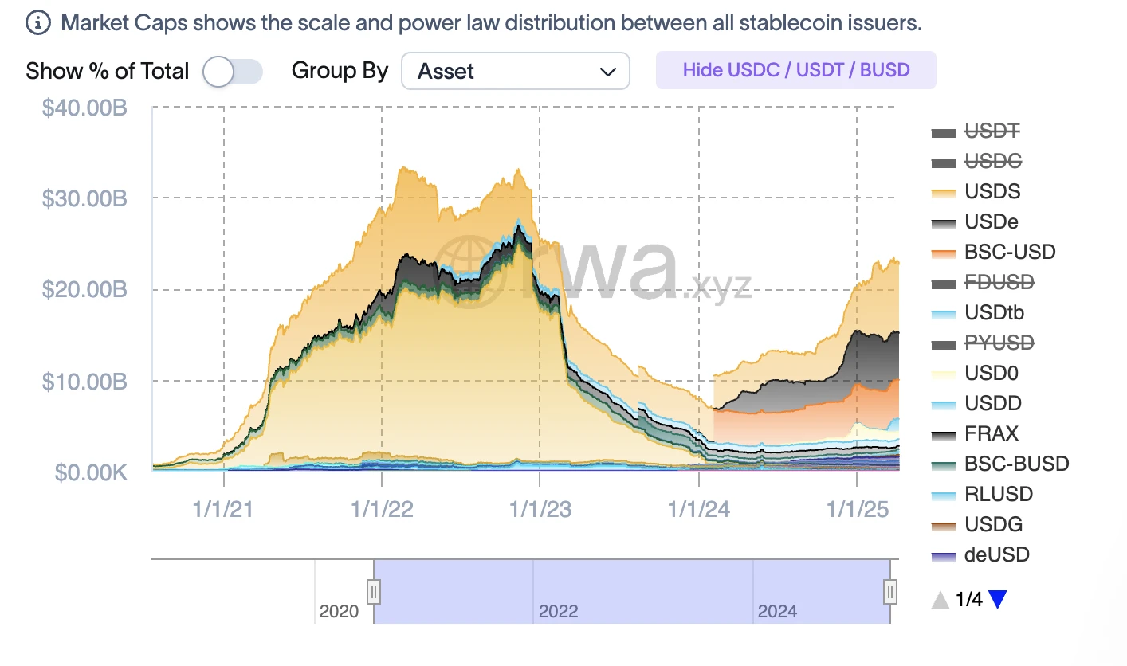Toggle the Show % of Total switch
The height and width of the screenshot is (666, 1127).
pyautogui.click(x=232, y=72)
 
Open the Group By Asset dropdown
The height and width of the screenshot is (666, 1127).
pyautogui.click(x=516, y=72)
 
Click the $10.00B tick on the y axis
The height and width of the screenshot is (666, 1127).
pyautogui.click(x=84, y=381)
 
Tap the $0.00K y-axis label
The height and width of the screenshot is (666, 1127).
pyautogui.click(x=91, y=472)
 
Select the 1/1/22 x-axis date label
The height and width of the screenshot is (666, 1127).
pyautogui.click(x=382, y=508)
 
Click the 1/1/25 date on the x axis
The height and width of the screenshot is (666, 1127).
pyautogui.click(x=858, y=508)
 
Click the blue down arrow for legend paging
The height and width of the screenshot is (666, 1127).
pyautogui.click(x=998, y=600)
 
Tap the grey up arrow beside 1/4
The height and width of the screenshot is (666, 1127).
pyautogui.click(x=940, y=600)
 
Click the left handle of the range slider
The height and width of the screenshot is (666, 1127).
pyautogui.click(x=374, y=592)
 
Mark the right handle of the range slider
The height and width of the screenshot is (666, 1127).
pyautogui.click(x=890, y=592)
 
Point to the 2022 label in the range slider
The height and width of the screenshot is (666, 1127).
pyautogui.click(x=558, y=612)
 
